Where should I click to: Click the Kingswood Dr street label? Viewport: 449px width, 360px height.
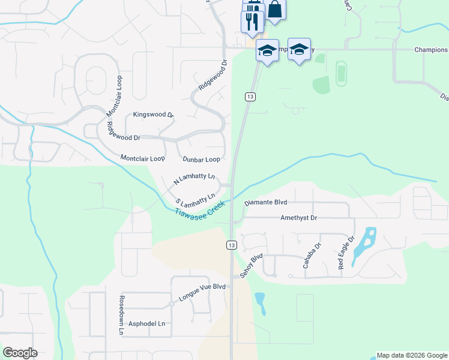[x=153, y=114]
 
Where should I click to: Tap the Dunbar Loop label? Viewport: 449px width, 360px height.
[x=201, y=160]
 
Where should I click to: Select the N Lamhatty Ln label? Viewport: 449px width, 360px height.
[x=194, y=178]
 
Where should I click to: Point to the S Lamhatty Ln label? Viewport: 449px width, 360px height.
[x=196, y=199]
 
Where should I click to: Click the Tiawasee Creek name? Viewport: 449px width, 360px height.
[x=200, y=210]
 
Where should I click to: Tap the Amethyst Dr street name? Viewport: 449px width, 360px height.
[x=298, y=218]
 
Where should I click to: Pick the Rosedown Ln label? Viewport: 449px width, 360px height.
[x=121, y=314]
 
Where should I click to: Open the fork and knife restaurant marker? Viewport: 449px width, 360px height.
[x=252, y=22]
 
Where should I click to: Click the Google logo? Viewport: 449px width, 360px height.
[x=20, y=353]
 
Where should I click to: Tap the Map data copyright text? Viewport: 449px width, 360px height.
[x=412, y=355]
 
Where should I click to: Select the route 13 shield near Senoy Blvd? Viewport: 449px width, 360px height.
[x=231, y=245]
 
